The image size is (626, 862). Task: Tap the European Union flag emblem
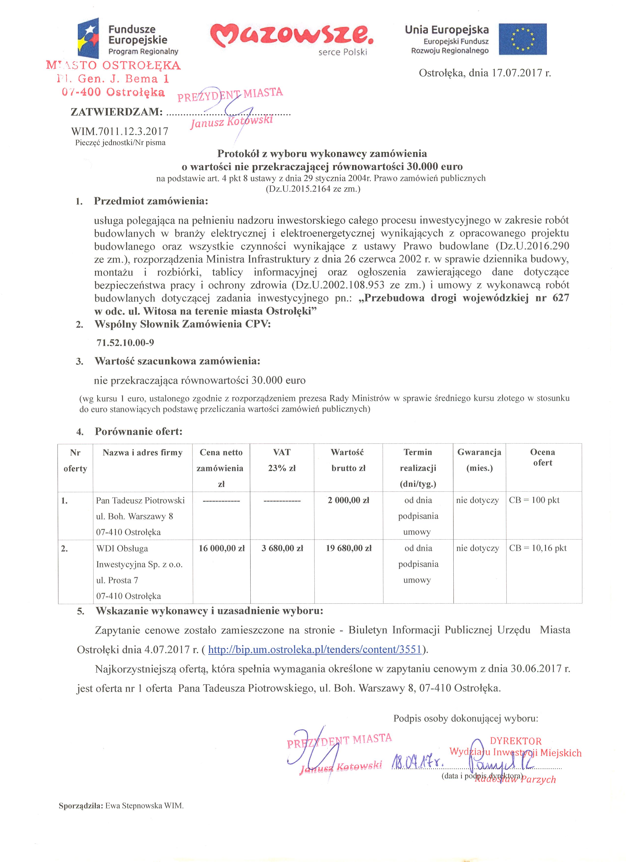coord(522,39)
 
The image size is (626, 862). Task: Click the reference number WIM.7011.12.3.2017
coord(120,131)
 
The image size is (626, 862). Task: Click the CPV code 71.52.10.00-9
coord(125,343)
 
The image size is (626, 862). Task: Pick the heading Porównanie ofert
coord(139,432)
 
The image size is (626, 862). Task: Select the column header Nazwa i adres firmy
coord(142,453)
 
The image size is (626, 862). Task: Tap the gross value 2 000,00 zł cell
coord(348,500)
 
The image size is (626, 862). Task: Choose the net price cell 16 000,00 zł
coord(221,548)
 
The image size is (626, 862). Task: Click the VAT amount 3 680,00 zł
coord(282,548)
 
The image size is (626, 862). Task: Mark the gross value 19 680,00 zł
coord(348,548)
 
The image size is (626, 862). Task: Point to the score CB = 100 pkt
coord(534,500)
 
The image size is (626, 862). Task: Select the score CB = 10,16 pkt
coord(537,548)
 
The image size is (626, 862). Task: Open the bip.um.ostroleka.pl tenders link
coord(315,650)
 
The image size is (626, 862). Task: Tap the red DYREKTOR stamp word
coord(516,741)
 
